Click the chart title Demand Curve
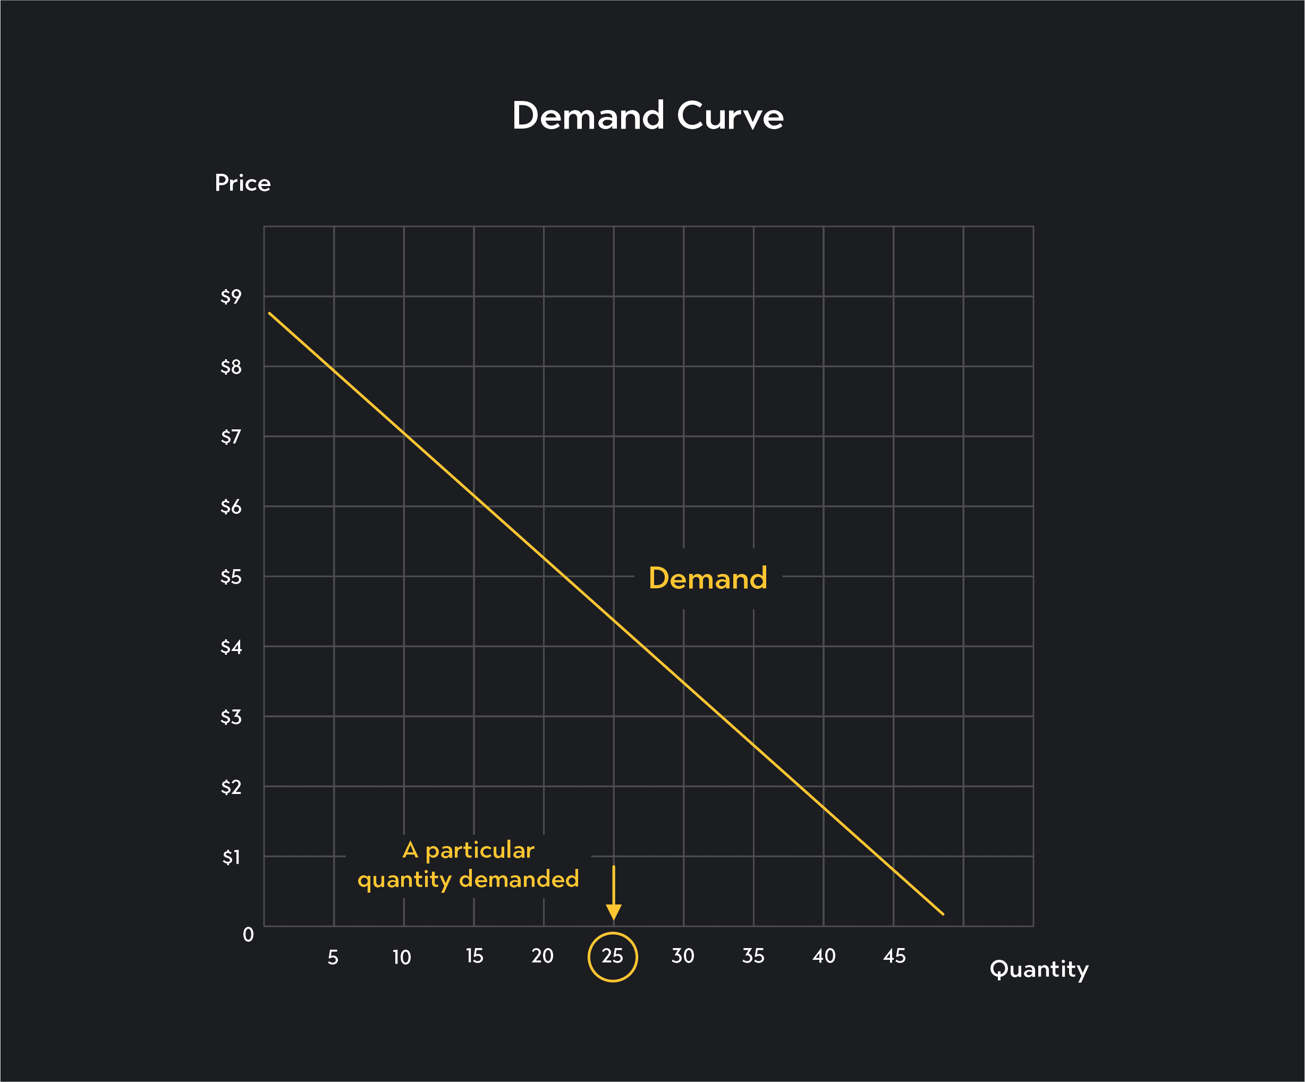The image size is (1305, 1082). point(648,116)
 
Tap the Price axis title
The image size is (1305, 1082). point(242,183)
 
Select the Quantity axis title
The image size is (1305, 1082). point(1038,969)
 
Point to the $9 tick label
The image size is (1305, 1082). point(231,297)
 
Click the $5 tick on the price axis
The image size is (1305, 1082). point(231,577)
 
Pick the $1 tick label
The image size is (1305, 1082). point(231,858)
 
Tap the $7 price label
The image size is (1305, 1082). point(231,437)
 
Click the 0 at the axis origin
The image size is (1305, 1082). point(248,935)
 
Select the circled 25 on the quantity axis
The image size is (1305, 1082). point(613,957)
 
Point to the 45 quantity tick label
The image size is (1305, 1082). point(894,957)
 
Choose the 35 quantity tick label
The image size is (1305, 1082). point(753,957)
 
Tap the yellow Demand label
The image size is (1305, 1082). point(708,579)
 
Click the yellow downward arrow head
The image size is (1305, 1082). point(613,912)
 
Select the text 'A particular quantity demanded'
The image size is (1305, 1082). point(468,865)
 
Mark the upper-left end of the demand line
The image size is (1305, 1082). point(270,313)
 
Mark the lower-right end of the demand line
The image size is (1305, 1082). point(943,914)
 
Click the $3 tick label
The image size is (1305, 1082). point(231,718)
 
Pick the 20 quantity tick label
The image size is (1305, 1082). point(542,957)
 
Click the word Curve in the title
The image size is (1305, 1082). point(730,116)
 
